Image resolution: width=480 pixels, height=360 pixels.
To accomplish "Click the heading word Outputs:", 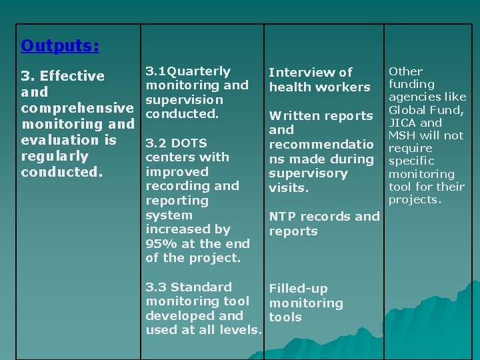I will [x=60, y=45].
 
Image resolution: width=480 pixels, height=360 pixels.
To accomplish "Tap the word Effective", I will [x=71, y=76].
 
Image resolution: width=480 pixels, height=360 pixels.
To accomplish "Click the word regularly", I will [x=55, y=156].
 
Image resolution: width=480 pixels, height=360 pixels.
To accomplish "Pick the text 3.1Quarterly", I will [x=188, y=71].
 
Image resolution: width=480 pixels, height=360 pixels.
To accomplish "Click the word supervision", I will [x=185, y=100].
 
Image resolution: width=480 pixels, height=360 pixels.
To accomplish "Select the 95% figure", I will [x=161, y=244].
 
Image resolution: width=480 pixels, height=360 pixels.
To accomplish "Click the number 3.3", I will [x=156, y=287].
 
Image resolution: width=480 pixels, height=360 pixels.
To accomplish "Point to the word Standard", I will [x=201, y=287].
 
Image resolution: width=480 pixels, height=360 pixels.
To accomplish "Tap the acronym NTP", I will [x=283, y=217].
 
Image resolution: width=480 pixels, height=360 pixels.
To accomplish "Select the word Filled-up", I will [x=298, y=289].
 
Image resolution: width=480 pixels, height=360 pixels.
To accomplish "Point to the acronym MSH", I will [x=403, y=135].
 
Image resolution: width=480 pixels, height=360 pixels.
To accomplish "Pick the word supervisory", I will [x=308, y=173].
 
